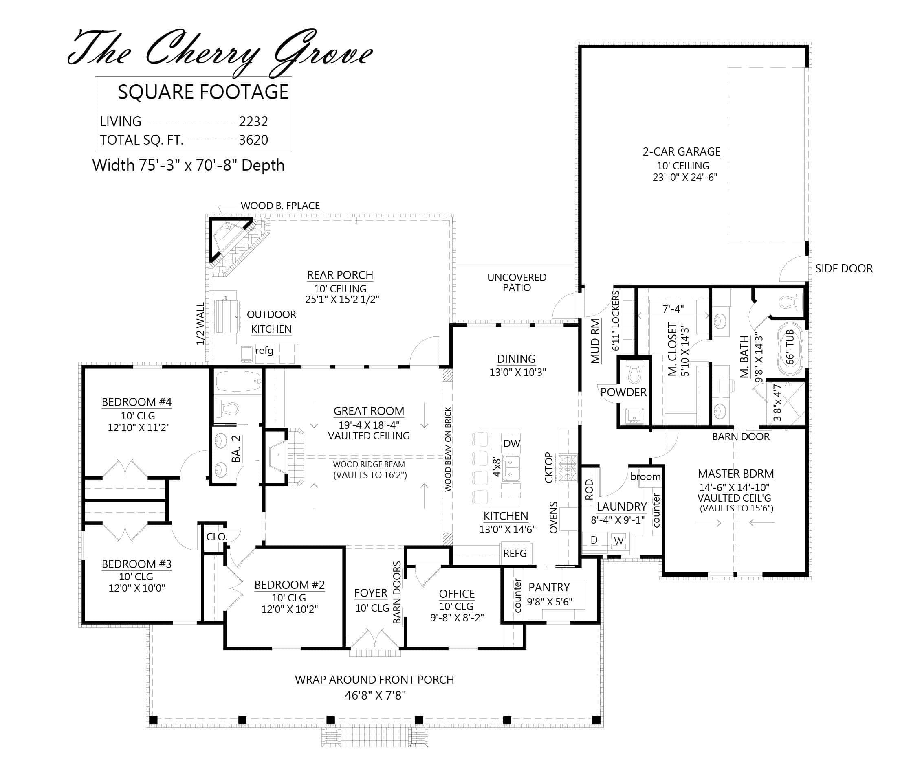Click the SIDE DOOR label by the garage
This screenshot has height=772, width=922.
(843, 269)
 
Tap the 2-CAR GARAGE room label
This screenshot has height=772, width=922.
(681, 152)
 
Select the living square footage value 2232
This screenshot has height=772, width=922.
(253, 122)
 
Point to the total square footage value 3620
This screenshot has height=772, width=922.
(253, 140)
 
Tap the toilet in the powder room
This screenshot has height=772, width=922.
(634, 373)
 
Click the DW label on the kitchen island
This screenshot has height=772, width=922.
(511, 444)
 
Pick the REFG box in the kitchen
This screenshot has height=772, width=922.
(515, 553)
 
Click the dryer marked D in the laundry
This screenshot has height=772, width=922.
(594, 541)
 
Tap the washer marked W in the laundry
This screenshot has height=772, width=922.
(619, 542)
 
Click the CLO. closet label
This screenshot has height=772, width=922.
(216, 537)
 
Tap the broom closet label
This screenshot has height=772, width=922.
(645, 477)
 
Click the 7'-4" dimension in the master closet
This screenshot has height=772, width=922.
(673, 309)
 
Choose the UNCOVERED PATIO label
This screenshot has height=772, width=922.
(517, 283)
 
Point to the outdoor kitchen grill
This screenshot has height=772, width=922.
(227, 316)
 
